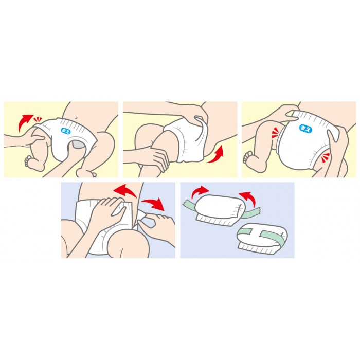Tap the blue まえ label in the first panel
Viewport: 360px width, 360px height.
tap(66, 131)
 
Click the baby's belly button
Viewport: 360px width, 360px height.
tap(76, 118)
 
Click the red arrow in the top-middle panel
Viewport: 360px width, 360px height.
tap(216, 154)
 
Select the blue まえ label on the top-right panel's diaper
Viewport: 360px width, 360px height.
tap(305, 129)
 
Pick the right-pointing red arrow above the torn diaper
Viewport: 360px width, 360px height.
tap(153, 204)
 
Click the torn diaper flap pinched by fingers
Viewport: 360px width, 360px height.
tap(141, 217)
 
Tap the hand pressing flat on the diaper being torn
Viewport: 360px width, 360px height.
tap(108, 211)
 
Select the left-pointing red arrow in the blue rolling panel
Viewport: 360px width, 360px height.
tap(248, 198)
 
